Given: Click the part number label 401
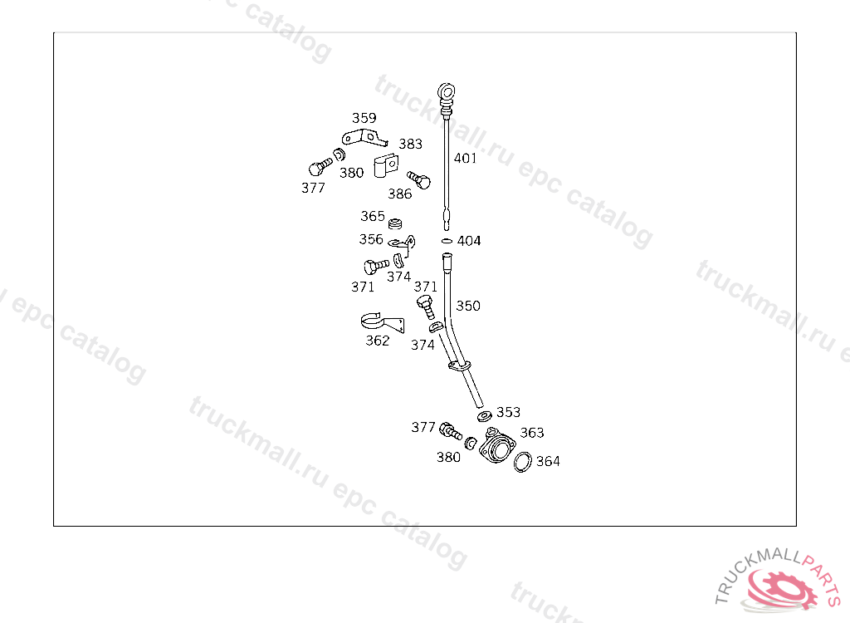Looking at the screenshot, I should (x=465, y=158).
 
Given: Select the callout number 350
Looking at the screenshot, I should (x=468, y=306).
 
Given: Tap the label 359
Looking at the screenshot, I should (x=364, y=118).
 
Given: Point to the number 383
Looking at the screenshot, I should (x=410, y=144).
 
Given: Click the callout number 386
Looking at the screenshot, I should (x=399, y=194).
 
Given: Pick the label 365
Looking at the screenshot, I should (x=373, y=216).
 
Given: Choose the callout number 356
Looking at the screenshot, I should (x=371, y=239).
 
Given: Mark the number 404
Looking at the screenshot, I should (x=469, y=241).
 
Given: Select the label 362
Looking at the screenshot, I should (x=378, y=341).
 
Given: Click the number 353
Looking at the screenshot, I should (x=508, y=412).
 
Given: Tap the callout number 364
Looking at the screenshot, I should (x=548, y=461).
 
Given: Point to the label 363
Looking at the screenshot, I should (x=532, y=433).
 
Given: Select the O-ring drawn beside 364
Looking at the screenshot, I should (x=523, y=462).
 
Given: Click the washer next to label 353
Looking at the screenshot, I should (x=484, y=415).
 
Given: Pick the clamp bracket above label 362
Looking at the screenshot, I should (x=381, y=321).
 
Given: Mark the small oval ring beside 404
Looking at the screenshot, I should (x=447, y=241).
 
